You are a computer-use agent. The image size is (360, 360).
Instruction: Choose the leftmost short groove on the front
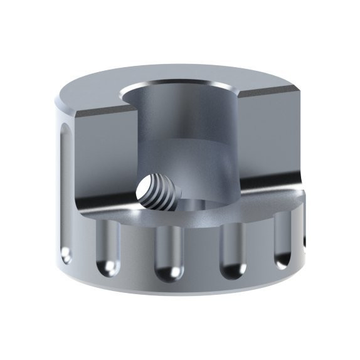click(x=108, y=248)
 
